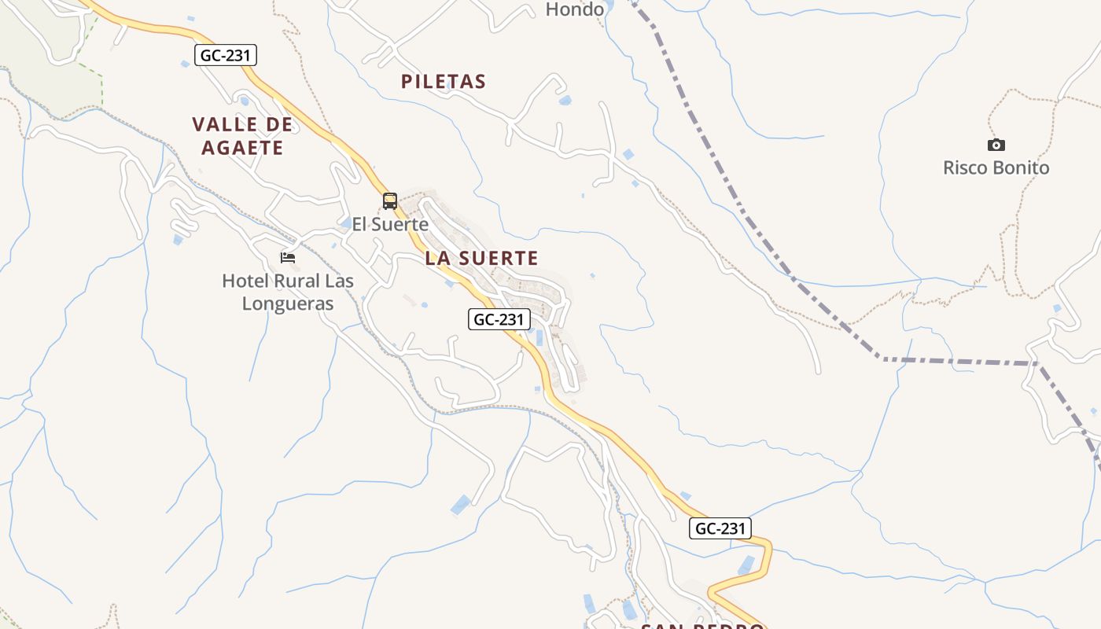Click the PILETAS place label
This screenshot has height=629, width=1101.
point(444,82)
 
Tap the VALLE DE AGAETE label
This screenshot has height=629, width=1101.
point(242,135)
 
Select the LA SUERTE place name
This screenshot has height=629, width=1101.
point(481,258)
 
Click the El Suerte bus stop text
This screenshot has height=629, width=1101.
point(390,224)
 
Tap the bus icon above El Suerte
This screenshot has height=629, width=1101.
point(390,201)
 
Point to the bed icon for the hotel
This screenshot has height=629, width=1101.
point(288,257)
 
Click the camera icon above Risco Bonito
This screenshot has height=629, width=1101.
point(996,145)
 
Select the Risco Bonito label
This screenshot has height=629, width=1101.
point(996,167)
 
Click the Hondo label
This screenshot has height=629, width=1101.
point(575,9)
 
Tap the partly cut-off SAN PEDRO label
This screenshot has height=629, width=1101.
point(702,625)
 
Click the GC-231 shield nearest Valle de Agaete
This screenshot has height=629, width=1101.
point(226,55)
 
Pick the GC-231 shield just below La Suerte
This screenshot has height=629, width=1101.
point(499,319)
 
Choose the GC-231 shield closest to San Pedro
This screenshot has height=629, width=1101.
point(720,528)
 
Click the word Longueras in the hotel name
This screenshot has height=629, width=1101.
point(288,303)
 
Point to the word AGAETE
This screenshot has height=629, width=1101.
point(242,147)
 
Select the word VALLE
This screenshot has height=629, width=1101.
point(223,124)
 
